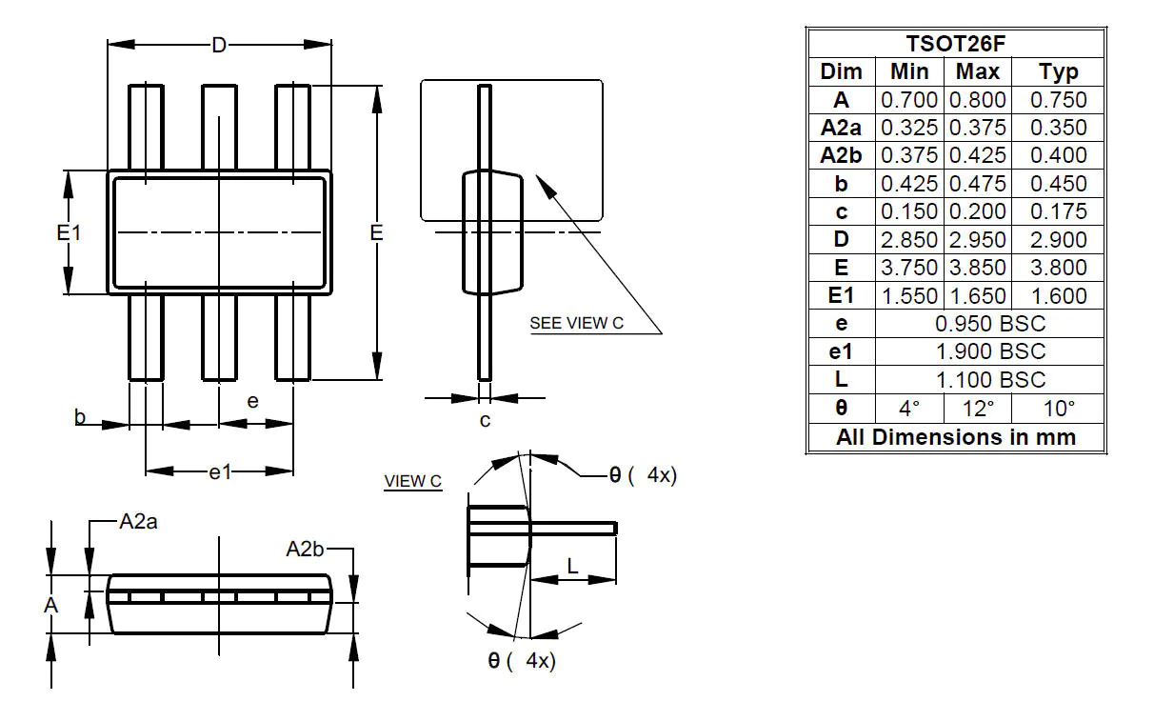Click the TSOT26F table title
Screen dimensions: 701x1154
click(956, 44)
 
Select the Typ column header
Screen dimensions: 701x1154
click(1058, 72)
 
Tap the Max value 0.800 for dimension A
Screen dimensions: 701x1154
click(978, 100)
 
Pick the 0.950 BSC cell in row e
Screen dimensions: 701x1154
click(990, 324)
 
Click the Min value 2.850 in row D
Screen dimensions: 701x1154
click(909, 240)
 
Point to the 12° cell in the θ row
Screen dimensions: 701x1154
click(978, 409)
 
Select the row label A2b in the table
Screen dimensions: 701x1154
click(841, 156)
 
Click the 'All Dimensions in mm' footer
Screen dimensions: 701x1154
click(956, 437)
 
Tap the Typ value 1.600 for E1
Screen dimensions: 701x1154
click(1058, 296)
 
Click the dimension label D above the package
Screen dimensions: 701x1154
click(219, 45)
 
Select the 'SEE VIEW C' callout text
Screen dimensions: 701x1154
click(576, 323)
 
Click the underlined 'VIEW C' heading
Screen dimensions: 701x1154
click(412, 481)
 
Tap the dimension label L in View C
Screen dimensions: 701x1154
click(571, 566)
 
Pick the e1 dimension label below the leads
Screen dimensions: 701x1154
click(220, 471)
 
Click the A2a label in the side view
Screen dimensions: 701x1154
click(138, 522)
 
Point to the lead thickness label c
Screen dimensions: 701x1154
click(485, 420)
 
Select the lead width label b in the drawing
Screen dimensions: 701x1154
click(81, 417)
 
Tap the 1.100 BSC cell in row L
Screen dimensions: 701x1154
click(990, 380)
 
